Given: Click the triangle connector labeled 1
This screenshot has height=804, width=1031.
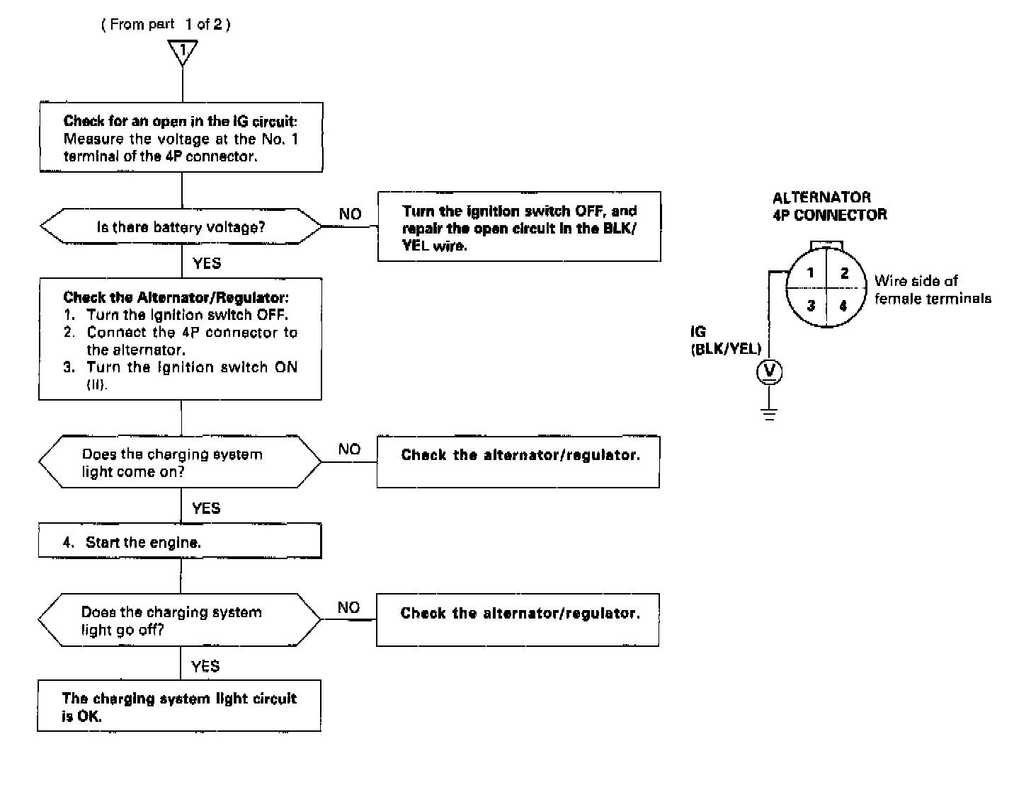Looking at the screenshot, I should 183,51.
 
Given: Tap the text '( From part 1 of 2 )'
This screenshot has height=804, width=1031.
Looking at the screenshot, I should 166,25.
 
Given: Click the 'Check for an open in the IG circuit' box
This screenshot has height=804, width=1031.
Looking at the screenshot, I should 181,138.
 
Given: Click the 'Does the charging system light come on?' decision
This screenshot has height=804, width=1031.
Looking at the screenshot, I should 180,462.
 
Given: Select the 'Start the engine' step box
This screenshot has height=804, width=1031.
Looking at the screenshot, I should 180,542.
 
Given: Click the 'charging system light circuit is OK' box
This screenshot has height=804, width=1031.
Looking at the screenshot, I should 179,706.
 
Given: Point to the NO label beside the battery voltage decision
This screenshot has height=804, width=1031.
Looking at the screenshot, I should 350,214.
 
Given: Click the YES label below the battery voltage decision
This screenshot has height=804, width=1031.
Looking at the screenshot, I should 207,263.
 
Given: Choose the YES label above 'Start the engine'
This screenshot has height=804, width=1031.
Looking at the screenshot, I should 206,508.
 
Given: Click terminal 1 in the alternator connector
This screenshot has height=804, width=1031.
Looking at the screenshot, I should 810,273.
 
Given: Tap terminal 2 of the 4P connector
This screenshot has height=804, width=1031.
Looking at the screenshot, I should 844,273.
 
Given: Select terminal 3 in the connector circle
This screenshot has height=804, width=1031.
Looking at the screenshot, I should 811,306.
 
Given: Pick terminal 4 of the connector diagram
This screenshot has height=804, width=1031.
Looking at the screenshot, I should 843,306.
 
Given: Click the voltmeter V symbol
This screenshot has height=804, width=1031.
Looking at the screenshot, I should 770,372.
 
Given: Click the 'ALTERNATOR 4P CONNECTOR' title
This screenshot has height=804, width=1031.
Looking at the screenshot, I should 828,206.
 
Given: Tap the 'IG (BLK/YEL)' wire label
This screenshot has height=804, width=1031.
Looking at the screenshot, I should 725,340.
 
